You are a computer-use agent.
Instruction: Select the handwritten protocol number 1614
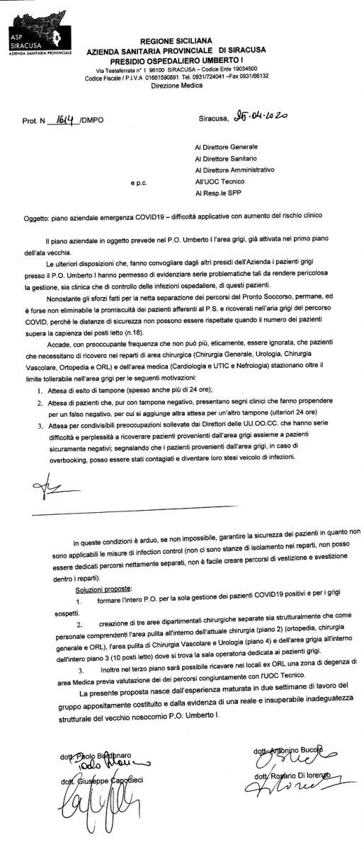click(x=64, y=119)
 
